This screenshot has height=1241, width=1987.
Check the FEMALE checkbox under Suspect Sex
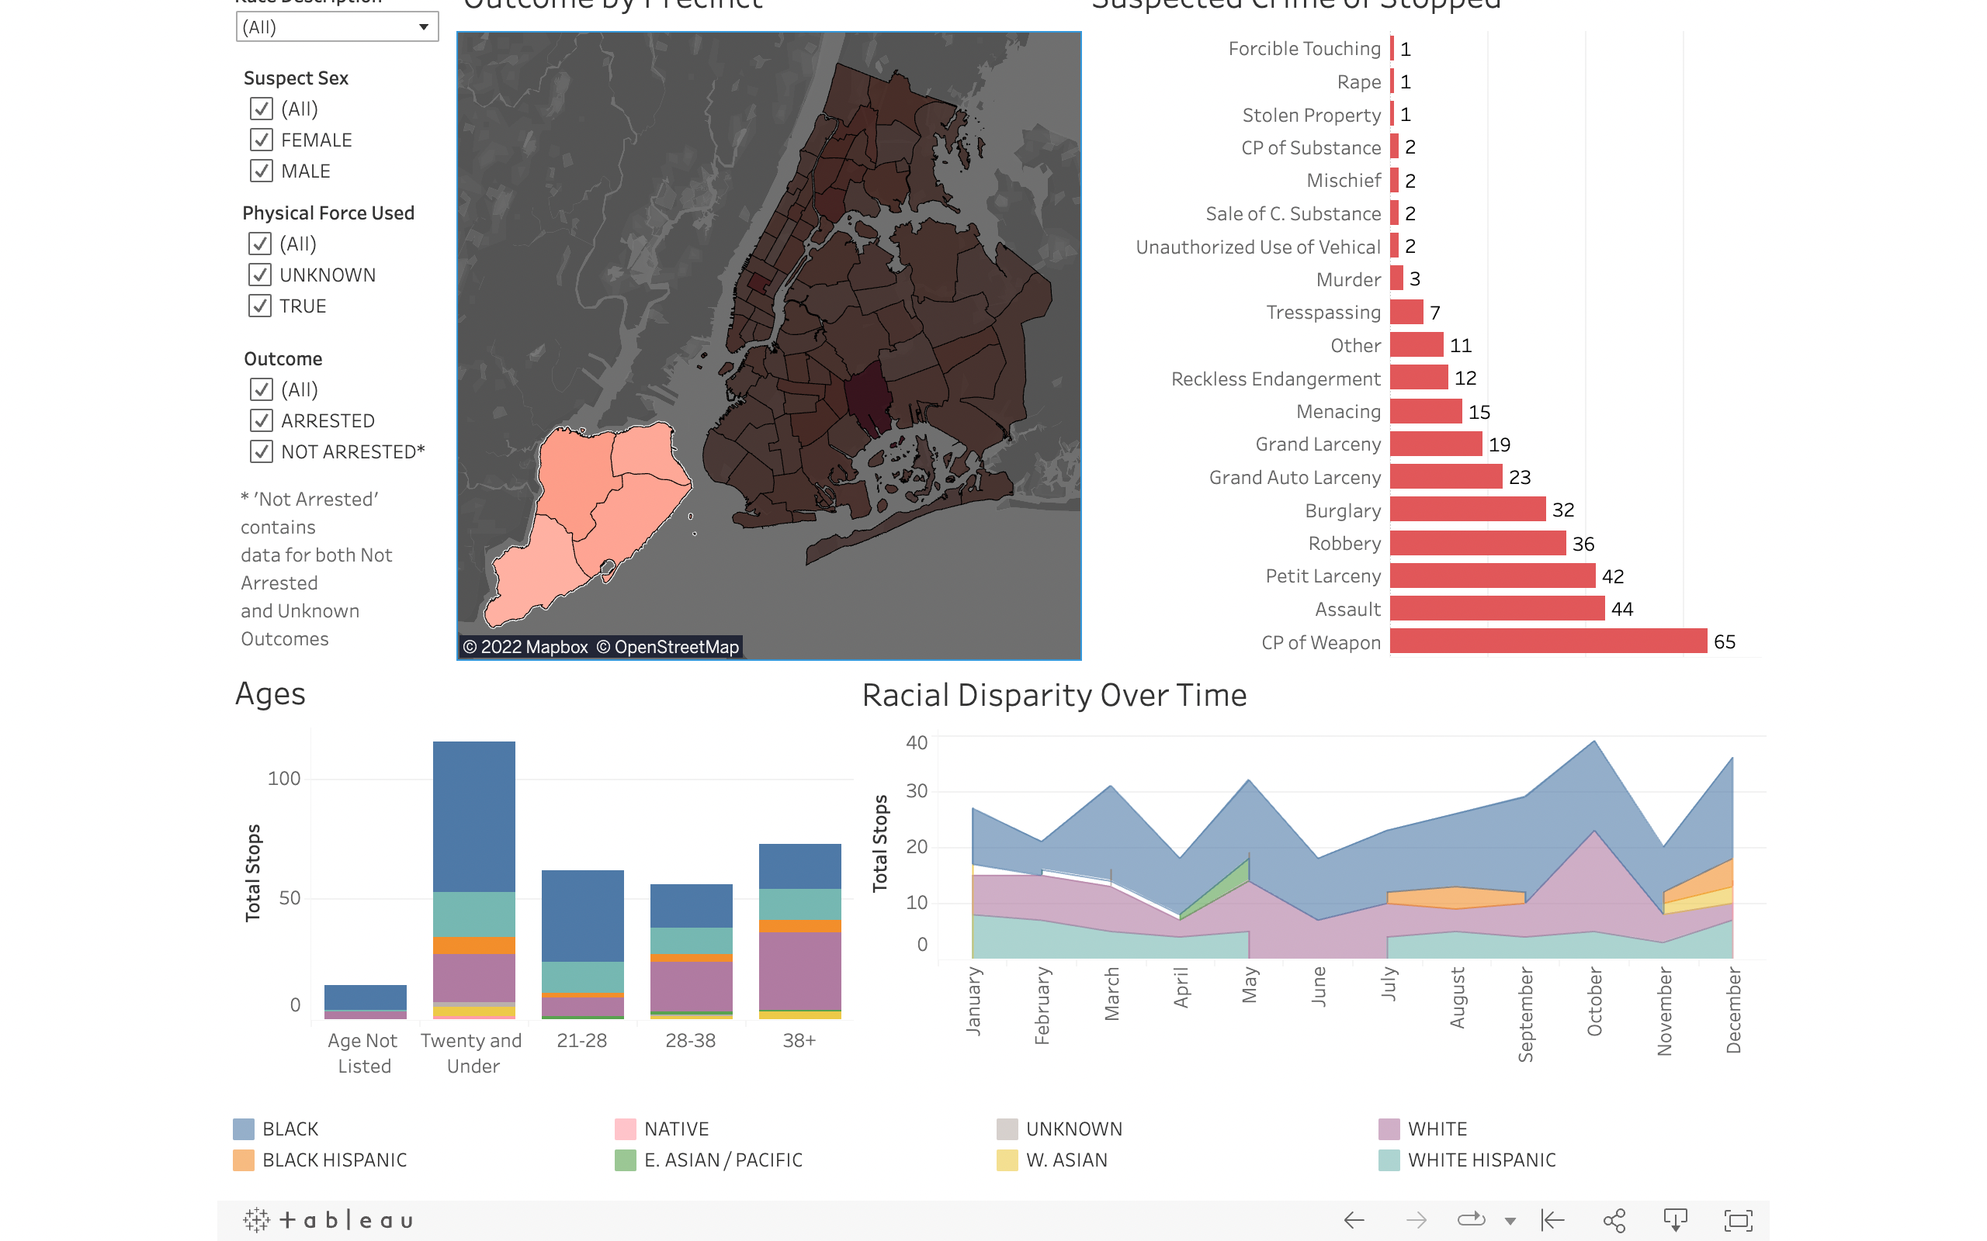[261, 140]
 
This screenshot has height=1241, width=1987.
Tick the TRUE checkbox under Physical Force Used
[259, 306]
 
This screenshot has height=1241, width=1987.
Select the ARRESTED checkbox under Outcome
[261, 421]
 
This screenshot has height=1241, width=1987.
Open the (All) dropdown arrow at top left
[424, 27]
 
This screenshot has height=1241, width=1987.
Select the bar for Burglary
[1467, 510]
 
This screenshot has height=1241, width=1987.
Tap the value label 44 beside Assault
[1621, 609]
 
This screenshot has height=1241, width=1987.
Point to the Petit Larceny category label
[1323, 576]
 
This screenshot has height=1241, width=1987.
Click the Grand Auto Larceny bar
[1446, 477]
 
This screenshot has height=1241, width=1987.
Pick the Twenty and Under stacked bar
[473, 878]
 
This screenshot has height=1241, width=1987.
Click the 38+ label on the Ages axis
[799, 1041]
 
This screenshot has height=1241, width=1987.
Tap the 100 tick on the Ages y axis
[284, 778]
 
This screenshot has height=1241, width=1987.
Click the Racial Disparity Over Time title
[1054, 695]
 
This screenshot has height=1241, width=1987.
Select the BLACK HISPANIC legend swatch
[243, 1160]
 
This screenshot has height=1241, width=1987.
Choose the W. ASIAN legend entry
[1066, 1160]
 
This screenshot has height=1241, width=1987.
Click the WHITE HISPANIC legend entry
[1480, 1160]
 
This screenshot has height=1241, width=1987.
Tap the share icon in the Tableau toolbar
[1614, 1221]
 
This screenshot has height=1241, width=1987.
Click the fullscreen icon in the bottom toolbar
[1737, 1221]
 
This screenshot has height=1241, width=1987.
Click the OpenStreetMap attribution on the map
[668, 647]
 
